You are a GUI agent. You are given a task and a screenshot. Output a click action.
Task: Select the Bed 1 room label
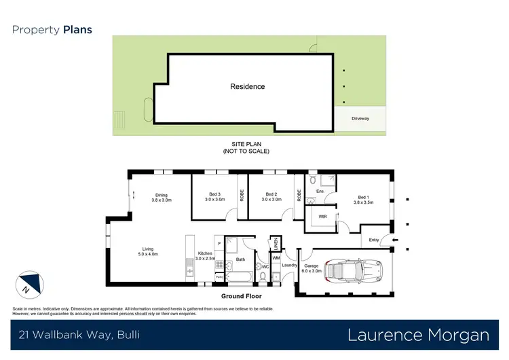tap(363, 200)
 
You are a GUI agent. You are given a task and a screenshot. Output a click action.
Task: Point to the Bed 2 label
tap(271, 196)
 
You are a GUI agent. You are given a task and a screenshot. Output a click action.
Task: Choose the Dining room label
tap(161, 197)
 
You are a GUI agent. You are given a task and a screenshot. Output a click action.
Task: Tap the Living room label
tap(148, 251)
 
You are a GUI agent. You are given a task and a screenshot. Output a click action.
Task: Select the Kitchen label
tap(205, 255)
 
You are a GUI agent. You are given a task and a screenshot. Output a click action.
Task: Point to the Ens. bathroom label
tap(320, 192)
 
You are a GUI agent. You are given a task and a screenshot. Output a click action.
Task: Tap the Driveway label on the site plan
tap(360, 119)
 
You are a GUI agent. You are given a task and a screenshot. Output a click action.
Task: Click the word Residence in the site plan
tap(247, 87)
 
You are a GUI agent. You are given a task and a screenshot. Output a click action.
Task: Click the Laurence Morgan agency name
tap(418, 335)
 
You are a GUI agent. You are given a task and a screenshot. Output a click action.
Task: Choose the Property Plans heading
tap(52, 30)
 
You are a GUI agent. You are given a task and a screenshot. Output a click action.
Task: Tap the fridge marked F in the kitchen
tap(219, 243)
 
